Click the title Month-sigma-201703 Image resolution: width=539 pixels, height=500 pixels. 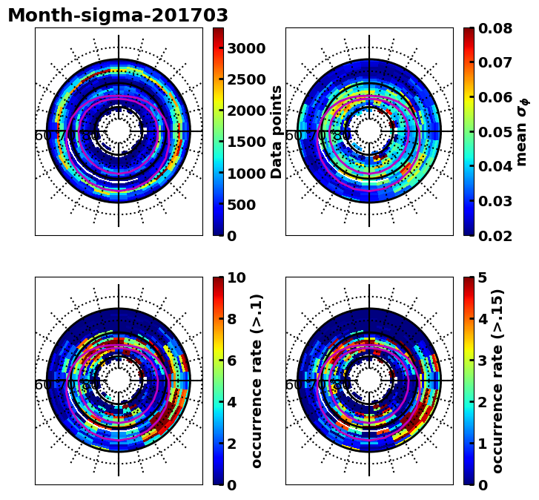point(118,16)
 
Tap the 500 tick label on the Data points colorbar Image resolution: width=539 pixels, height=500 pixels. point(242,205)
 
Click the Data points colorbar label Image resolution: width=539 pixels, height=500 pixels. point(277,131)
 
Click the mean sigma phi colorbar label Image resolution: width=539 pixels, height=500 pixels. point(523,131)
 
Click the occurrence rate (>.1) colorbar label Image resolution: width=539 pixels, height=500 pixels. point(257,381)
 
